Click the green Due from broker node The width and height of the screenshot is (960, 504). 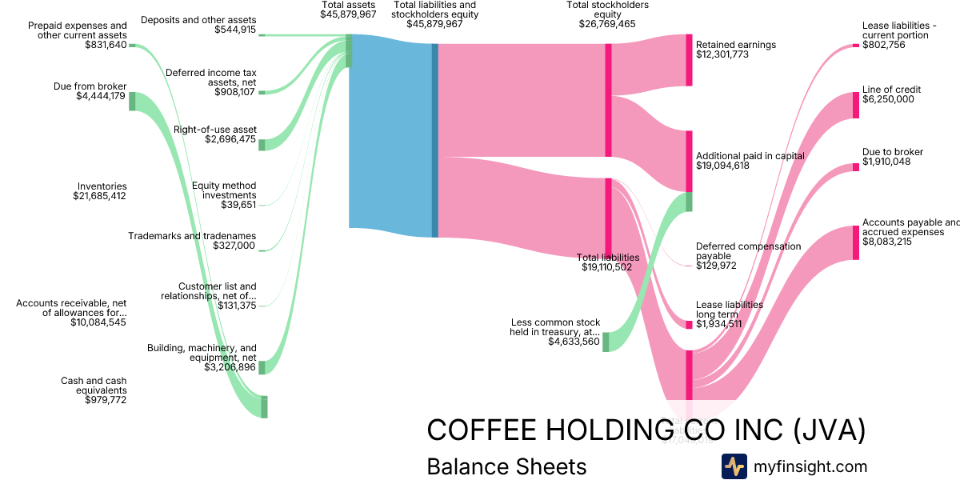point(133,101)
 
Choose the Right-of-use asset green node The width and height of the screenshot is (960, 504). point(262,145)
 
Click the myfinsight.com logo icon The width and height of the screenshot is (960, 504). point(734,466)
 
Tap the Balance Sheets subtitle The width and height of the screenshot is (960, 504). point(506,466)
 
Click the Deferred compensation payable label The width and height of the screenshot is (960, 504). point(748,251)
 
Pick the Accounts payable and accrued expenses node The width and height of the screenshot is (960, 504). point(855,242)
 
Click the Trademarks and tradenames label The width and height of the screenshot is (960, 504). point(192,236)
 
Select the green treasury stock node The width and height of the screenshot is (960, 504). point(606,342)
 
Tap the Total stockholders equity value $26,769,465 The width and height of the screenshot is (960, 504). point(607,24)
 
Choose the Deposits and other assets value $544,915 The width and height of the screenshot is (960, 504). point(235,30)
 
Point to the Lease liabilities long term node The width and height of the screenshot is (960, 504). point(689,325)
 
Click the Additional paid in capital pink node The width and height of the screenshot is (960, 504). point(689,161)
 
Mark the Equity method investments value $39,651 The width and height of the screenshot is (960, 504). point(238,205)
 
